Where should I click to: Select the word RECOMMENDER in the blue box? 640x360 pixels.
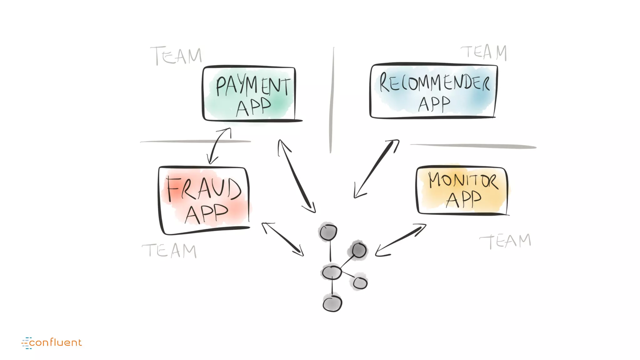434,83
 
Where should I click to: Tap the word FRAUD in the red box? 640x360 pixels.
204,188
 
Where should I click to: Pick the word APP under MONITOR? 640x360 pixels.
463,199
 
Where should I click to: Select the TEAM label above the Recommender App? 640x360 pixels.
484,52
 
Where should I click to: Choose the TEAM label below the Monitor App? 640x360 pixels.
505,241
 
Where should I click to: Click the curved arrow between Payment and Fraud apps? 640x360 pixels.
218,146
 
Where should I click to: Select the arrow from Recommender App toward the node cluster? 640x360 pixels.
376,169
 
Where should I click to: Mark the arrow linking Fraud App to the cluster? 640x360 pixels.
282,239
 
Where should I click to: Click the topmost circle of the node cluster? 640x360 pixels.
328,232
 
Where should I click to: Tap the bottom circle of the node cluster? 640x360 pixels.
332,304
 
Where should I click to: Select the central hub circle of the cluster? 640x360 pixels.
332,272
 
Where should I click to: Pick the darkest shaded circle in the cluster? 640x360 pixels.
358,250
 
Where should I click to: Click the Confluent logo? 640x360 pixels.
52,342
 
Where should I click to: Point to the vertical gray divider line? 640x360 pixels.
332,100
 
